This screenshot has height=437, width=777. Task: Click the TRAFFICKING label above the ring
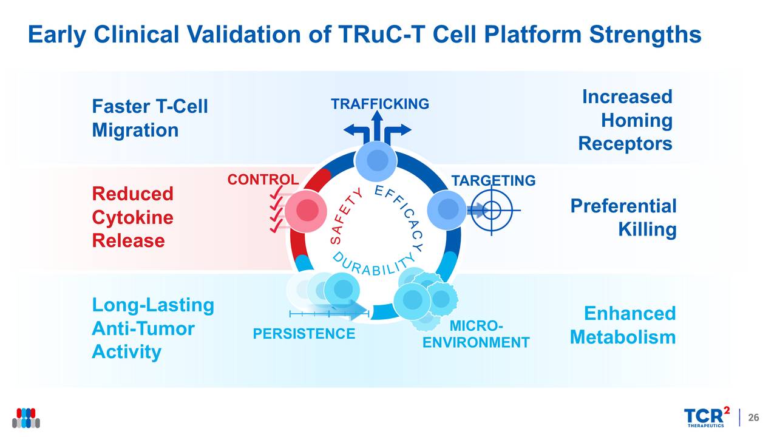coord(379,104)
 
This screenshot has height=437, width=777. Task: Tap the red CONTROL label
coord(263,180)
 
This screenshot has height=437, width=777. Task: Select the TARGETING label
coord(493,181)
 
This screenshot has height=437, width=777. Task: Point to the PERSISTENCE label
coord(304,334)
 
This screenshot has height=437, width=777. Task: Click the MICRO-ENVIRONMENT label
coord(476,335)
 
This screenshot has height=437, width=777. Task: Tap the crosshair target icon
coord(492,211)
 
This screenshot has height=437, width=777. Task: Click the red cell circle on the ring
coord(307,210)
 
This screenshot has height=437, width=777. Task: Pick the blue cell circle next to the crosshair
coord(447,210)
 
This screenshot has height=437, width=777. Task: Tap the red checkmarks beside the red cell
coord(277,209)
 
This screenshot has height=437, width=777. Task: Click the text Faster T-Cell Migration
coord(149,119)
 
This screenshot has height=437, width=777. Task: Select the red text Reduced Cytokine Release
coord(132,217)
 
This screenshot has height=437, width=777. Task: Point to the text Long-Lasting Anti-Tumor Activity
coord(152,328)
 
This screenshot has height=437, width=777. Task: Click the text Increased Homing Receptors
coord(626,120)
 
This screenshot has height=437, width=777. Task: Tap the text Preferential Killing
coord(623,218)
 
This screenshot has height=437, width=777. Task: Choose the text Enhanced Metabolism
coord(623,325)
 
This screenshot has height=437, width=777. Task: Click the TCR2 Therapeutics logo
coord(707,418)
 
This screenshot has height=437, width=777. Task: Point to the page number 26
coord(753,418)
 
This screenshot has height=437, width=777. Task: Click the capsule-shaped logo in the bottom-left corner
coord(26,418)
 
